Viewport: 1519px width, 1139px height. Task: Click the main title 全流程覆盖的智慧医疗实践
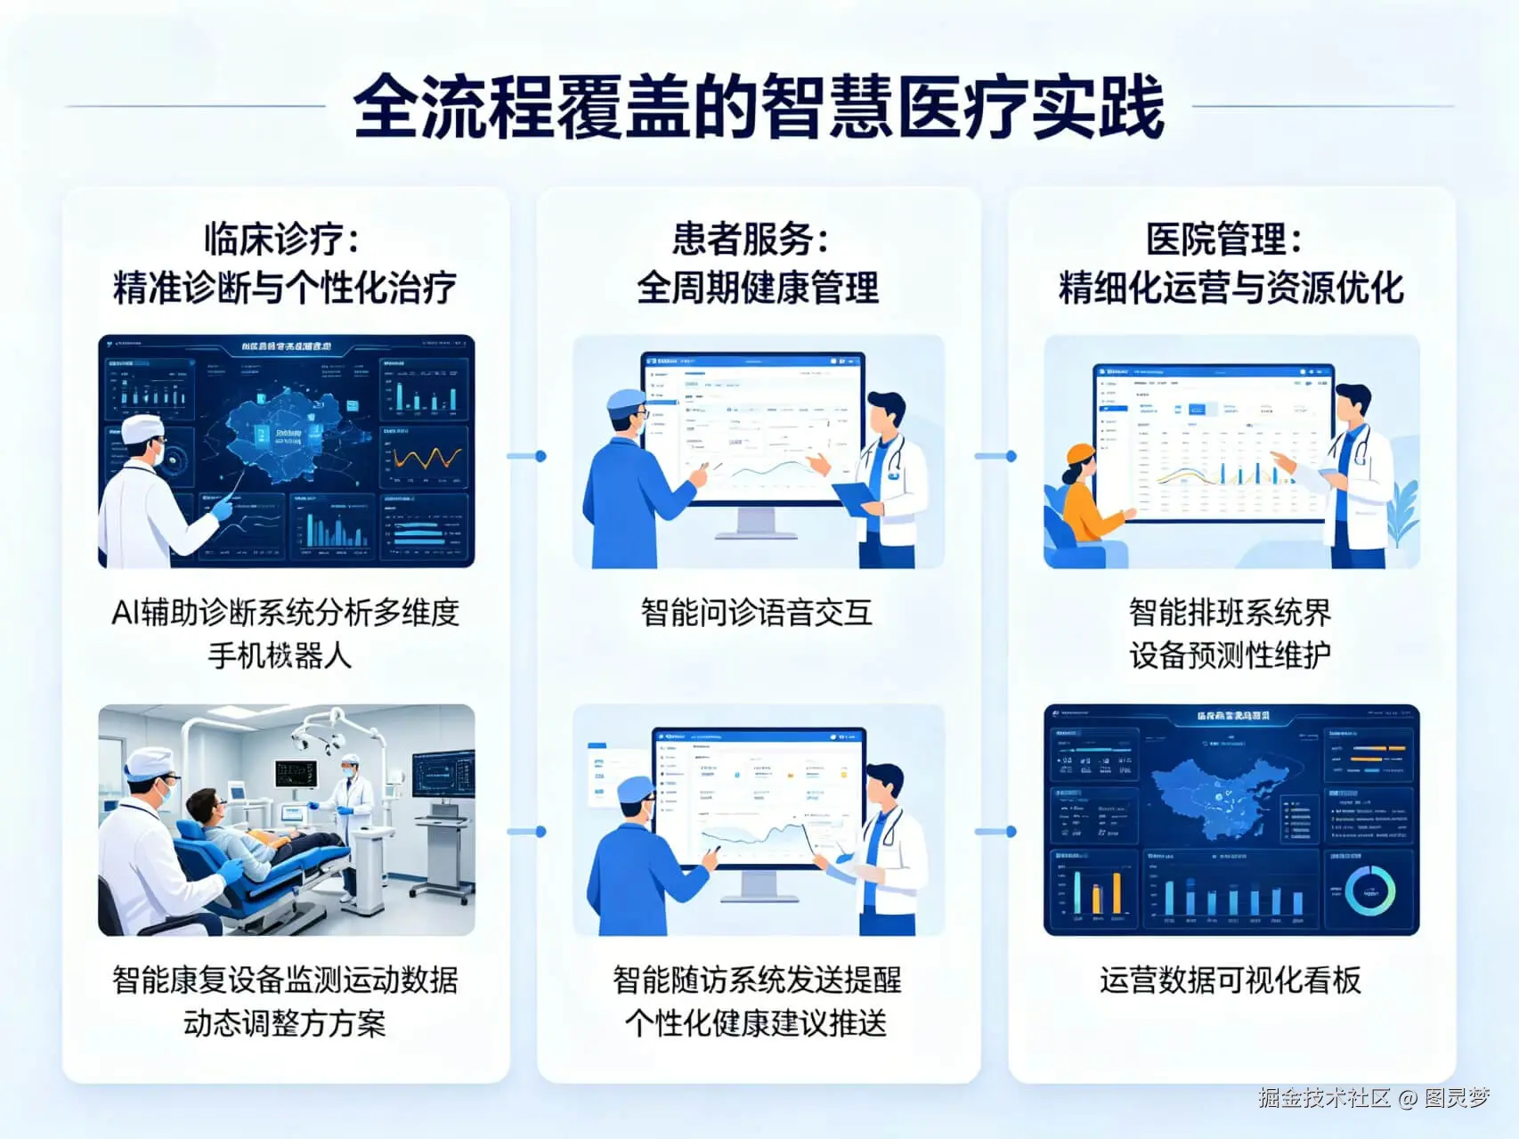click(x=759, y=107)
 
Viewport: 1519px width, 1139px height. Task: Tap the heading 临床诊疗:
click(x=282, y=239)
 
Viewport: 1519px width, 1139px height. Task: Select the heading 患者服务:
click(x=751, y=239)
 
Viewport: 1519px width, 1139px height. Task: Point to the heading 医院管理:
click(x=1224, y=239)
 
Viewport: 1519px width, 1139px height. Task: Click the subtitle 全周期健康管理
click(x=758, y=288)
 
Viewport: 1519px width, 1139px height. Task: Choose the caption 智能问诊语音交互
click(x=757, y=613)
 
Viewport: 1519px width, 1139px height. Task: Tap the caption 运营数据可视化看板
click(x=1231, y=980)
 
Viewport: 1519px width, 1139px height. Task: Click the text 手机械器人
click(x=280, y=655)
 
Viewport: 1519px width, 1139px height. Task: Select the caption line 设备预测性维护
click(x=1231, y=655)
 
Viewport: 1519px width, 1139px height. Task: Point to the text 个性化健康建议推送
click(x=756, y=1022)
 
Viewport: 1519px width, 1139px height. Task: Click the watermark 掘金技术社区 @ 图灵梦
click(x=1373, y=1097)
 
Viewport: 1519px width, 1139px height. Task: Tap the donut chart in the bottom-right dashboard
click(x=1369, y=890)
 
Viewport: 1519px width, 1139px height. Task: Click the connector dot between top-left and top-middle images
click(x=540, y=456)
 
